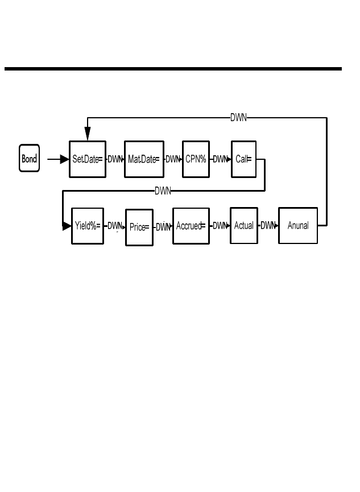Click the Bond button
pyautogui.click(x=29, y=159)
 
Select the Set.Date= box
pyautogui.click(x=88, y=159)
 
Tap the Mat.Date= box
pyautogui.click(x=144, y=159)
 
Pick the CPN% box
pyautogui.click(x=196, y=159)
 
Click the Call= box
pyautogui.click(x=243, y=159)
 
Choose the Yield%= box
pyautogui.click(x=88, y=226)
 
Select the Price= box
pyautogui.click(x=139, y=228)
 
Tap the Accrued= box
pyautogui.click(x=191, y=226)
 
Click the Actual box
pyautogui.click(x=244, y=226)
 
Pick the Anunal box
pyautogui.click(x=298, y=226)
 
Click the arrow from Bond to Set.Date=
pyautogui.click(x=57, y=159)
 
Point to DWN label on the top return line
pyautogui.click(x=238, y=118)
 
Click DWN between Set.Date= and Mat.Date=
pyautogui.click(x=115, y=159)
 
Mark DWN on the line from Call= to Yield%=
pyautogui.click(x=163, y=191)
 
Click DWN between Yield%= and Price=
pyautogui.click(x=115, y=226)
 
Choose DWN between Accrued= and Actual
pyautogui.click(x=220, y=226)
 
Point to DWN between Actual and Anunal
pyautogui.click(x=268, y=226)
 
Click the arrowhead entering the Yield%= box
pyautogui.click(x=67, y=226)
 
